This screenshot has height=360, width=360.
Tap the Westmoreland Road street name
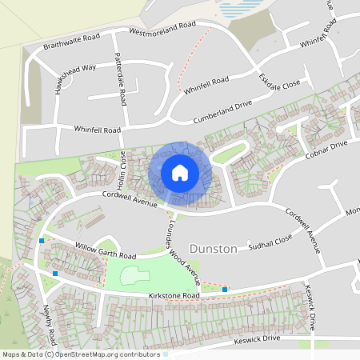click(162, 30)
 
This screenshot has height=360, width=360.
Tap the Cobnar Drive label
click(326, 150)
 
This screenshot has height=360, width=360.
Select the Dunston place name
click(214, 249)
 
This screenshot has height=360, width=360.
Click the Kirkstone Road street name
click(174, 296)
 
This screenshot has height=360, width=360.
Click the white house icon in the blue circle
click(180, 171)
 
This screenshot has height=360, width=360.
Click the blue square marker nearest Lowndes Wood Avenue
click(225, 289)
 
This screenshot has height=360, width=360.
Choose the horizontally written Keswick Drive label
click(255, 339)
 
